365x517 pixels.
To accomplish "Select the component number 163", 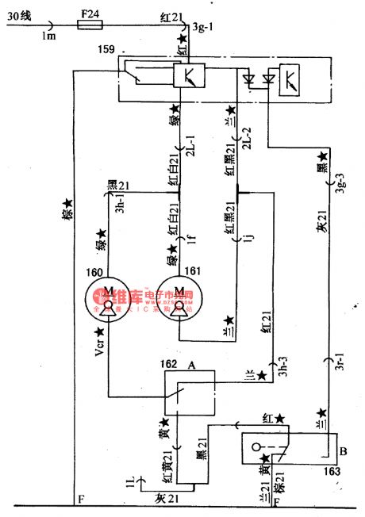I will pyautogui.click(x=332, y=471).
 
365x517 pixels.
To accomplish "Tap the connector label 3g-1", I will pyautogui.click(x=203, y=29).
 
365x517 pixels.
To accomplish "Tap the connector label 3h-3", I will pyautogui.click(x=278, y=367).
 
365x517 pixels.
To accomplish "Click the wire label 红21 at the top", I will pyautogui.click(x=170, y=16).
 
